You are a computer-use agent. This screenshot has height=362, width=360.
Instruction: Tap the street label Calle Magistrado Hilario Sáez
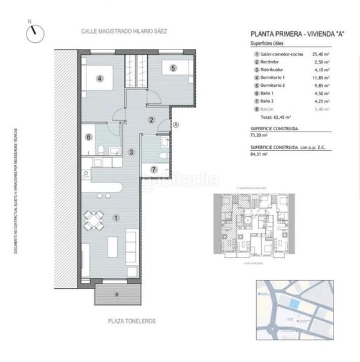(x=126, y=31)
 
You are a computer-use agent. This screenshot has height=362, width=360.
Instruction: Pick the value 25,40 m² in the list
(x=321, y=54)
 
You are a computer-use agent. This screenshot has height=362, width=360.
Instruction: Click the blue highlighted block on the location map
(x=293, y=303)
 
